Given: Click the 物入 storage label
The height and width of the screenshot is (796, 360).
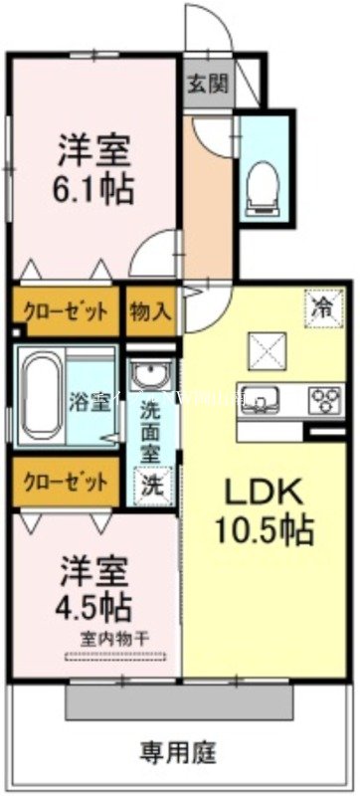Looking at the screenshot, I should tap(151, 309).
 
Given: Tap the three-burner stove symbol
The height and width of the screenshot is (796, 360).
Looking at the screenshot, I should tap(324, 398).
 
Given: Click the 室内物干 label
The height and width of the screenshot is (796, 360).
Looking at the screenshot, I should tap(114, 636).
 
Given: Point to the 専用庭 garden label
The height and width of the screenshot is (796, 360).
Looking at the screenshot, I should tap(179, 748).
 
